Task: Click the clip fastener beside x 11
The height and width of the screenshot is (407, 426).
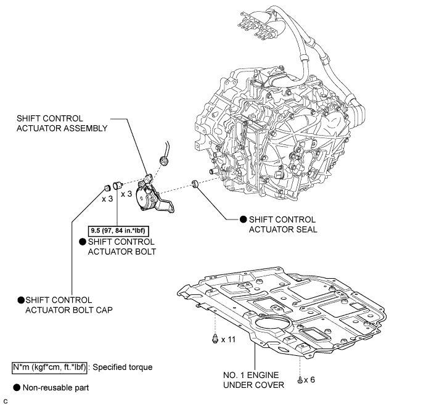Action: pyautogui.click(x=214, y=339)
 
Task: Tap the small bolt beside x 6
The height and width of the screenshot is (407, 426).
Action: pyautogui.click(x=299, y=379)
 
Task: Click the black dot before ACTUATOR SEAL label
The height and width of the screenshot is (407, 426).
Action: pyautogui.click(x=243, y=220)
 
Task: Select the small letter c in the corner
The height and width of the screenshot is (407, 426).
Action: pyautogui.click(x=4, y=401)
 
